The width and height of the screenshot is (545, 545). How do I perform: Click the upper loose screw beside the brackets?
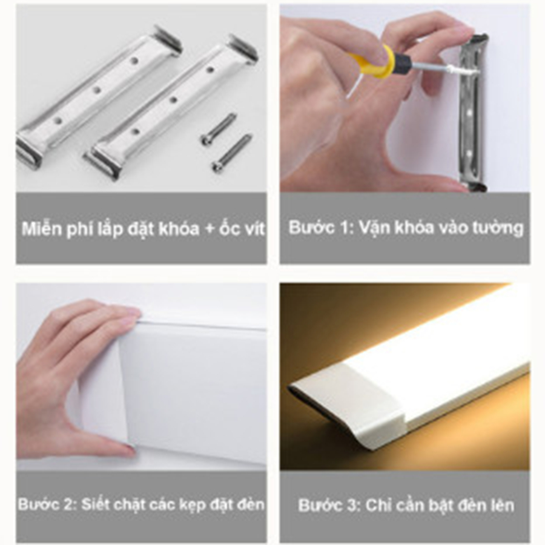click(217, 128)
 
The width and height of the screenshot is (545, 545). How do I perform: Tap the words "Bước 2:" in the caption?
click(48, 504)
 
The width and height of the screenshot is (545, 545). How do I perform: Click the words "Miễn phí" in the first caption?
click(54, 230)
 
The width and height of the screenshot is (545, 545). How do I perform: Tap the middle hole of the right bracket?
click(173, 100)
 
